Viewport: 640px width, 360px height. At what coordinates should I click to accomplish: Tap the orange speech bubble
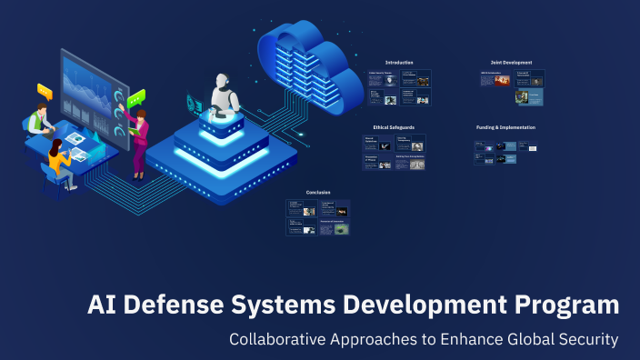point(45,91)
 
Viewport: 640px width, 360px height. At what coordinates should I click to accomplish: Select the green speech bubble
point(136,97)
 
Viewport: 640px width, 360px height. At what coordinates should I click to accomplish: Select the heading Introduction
point(399,63)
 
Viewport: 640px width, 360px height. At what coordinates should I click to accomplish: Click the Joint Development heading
point(511,63)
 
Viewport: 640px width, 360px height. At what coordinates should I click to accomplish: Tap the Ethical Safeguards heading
point(394,127)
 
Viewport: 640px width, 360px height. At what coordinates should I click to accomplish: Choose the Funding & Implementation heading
point(505,127)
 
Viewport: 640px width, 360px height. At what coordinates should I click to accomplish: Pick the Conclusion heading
point(318,192)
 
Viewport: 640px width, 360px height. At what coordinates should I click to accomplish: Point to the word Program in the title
point(564,306)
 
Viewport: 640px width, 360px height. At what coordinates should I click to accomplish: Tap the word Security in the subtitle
point(585,340)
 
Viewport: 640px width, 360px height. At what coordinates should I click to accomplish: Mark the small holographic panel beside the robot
point(194,101)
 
